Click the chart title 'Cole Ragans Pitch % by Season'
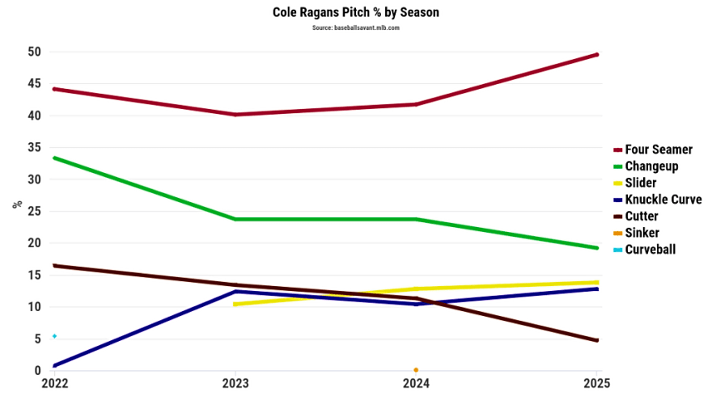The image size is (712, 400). pos(356,13)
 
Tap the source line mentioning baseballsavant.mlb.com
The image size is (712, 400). pos(356,27)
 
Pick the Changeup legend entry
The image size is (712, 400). pos(651,166)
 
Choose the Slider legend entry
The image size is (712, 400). pos(640,183)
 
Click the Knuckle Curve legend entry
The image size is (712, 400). pos(663,200)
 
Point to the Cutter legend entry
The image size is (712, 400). pos(641,217)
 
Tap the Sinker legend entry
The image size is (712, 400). pos(642,233)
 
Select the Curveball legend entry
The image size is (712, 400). pos(650,250)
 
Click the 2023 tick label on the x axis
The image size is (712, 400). pos(235,384)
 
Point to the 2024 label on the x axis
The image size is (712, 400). pos(416,384)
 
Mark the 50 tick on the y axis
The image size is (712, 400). pos(34,52)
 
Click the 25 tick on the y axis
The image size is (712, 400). pos(34,212)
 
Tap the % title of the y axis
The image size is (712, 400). pos(17,204)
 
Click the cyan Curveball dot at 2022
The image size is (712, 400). pos(54,336)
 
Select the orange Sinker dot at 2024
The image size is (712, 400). pos(416,370)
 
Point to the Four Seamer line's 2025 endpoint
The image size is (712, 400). pos(597,54)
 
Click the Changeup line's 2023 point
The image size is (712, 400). pos(235,219)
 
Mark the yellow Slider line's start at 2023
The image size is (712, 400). pos(235,304)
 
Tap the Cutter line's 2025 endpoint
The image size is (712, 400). pos(597,340)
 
